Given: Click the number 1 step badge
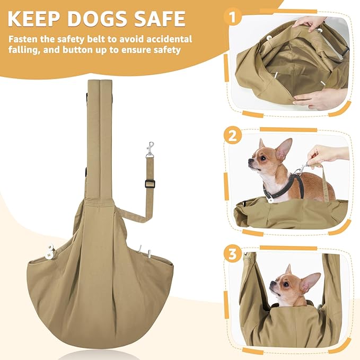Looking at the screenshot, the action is pyautogui.click(x=233, y=17).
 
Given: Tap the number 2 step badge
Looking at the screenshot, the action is pyautogui.click(x=233, y=136).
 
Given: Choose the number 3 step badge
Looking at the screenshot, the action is pyautogui.click(x=233, y=253).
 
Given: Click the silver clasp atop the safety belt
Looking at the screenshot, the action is pyautogui.click(x=150, y=150).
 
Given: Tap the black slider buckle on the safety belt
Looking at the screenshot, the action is pyautogui.click(x=150, y=183).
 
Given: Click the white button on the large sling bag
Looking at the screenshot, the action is pyautogui.click(x=50, y=252).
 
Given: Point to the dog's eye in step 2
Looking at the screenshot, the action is pyautogui.click(x=263, y=158).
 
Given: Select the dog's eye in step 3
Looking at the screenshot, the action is pyautogui.click(x=286, y=284).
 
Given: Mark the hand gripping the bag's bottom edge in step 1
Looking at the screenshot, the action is pyautogui.click(x=320, y=99).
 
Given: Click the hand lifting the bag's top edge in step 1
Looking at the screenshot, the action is pyautogui.click(x=309, y=23).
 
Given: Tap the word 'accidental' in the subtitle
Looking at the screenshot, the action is pyautogui.click(x=169, y=39).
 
